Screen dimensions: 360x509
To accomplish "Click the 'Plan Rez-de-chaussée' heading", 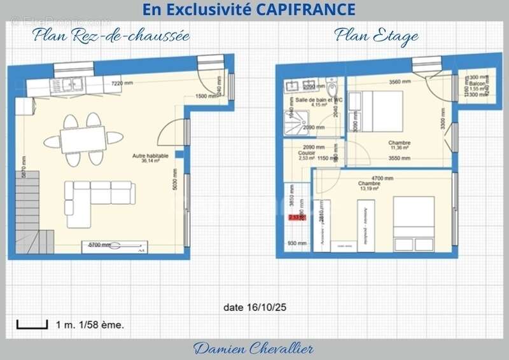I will [112, 36].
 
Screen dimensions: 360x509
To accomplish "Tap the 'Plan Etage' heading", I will [377, 36].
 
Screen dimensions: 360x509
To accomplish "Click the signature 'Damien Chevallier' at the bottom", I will [253, 348].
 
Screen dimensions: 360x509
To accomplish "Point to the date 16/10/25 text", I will [255, 307].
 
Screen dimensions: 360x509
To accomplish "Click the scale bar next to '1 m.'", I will [32, 324].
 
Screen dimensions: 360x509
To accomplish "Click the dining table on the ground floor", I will [83, 138].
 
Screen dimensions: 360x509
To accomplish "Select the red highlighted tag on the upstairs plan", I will [297, 217].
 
